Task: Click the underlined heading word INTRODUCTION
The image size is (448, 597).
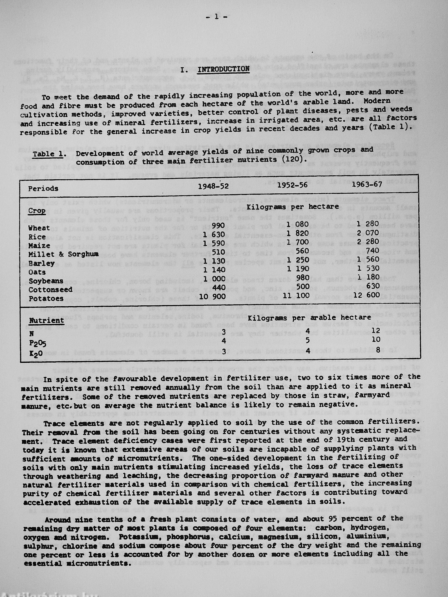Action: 223,69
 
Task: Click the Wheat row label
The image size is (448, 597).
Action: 39,228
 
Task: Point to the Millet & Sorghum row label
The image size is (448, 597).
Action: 63,255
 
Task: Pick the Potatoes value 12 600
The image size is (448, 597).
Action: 366,295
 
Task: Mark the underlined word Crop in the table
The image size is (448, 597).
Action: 37,211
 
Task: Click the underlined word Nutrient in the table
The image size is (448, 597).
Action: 47,321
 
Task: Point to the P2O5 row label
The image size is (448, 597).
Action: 38,344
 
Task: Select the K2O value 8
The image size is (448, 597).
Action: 378,350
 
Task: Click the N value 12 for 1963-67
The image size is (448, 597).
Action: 376,331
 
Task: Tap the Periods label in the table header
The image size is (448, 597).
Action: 43,188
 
